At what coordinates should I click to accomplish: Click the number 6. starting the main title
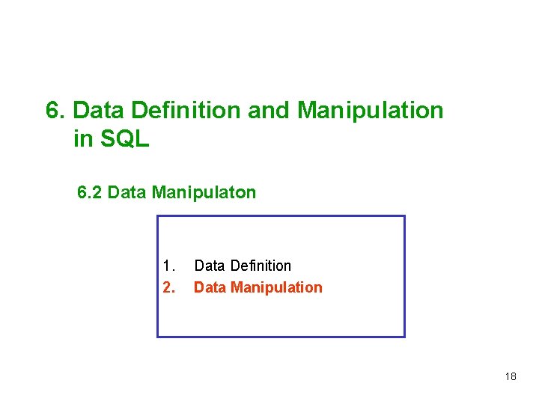coord(56,111)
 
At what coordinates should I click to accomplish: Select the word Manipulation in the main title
coord(371,111)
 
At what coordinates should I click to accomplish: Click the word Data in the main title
coord(101,111)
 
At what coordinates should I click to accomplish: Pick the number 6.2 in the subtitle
coord(90,193)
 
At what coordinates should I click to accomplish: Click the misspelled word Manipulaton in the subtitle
coord(204,193)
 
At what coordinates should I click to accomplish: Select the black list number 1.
coord(168,266)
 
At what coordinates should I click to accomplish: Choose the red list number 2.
coord(168,287)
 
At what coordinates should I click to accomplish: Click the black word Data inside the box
coord(210,266)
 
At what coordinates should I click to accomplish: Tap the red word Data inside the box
coord(210,287)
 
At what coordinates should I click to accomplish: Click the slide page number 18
coord(511,376)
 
